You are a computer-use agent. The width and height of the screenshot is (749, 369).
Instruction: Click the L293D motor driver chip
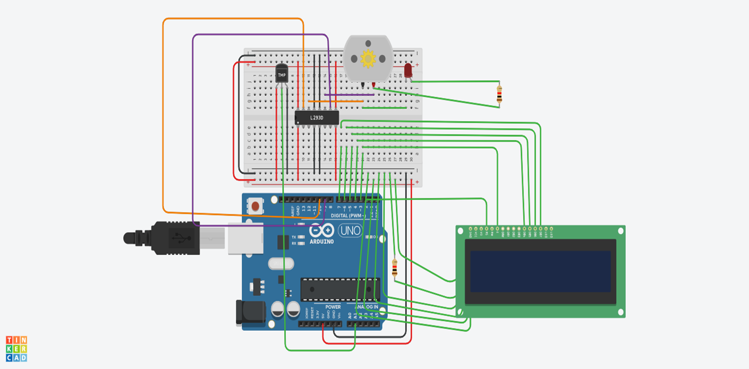(x=317, y=117)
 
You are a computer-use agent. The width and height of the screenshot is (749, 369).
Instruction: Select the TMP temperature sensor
(x=282, y=75)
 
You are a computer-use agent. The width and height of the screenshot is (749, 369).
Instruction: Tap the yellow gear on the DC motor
(x=368, y=58)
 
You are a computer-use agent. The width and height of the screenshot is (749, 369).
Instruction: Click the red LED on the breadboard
(x=408, y=71)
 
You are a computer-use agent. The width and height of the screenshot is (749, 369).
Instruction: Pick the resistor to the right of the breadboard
(x=499, y=95)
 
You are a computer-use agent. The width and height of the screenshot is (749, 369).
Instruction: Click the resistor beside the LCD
(x=394, y=269)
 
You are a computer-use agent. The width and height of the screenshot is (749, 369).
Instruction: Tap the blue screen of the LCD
(x=540, y=271)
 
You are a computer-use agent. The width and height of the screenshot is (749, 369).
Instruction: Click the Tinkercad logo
(x=16, y=348)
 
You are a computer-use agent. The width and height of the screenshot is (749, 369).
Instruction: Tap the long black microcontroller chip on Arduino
(x=340, y=289)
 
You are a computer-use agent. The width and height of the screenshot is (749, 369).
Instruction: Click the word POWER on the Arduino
(x=333, y=307)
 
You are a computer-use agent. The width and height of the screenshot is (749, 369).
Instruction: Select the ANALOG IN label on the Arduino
(x=367, y=307)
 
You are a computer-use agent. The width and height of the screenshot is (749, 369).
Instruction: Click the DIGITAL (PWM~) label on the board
(x=347, y=216)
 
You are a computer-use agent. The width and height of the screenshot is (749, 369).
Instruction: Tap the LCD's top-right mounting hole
(x=620, y=231)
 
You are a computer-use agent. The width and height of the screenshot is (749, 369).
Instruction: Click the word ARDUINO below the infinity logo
(x=321, y=242)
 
